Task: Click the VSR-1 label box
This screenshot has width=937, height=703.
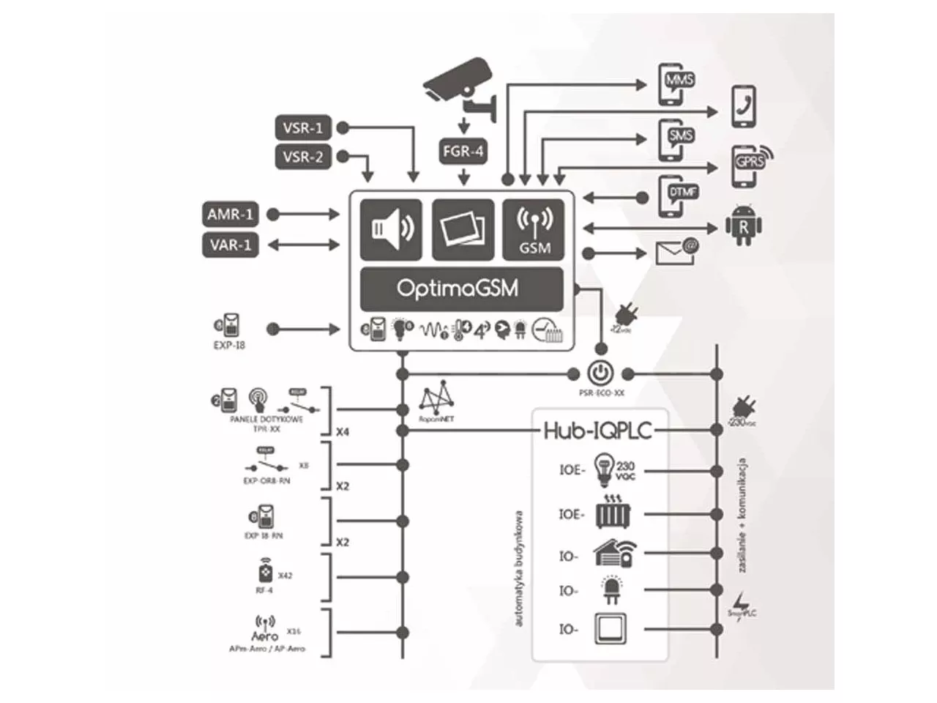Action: [x=302, y=128]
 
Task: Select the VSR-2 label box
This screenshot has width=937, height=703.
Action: [x=302, y=157]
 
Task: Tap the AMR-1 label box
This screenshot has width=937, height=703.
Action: [x=231, y=215]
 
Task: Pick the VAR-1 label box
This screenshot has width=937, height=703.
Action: [x=231, y=245]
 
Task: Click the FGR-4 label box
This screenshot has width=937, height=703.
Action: [x=463, y=152]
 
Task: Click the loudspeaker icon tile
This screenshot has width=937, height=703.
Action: [x=392, y=229]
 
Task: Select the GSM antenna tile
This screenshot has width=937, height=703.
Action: [x=534, y=229]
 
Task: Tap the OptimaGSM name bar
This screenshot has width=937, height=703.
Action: [x=462, y=288]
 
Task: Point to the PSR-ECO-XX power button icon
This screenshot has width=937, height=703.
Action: [x=600, y=373]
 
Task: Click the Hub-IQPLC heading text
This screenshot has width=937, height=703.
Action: [x=597, y=430]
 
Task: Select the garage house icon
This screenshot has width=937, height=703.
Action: [x=614, y=554]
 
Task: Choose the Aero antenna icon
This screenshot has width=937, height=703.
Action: [x=265, y=628]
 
